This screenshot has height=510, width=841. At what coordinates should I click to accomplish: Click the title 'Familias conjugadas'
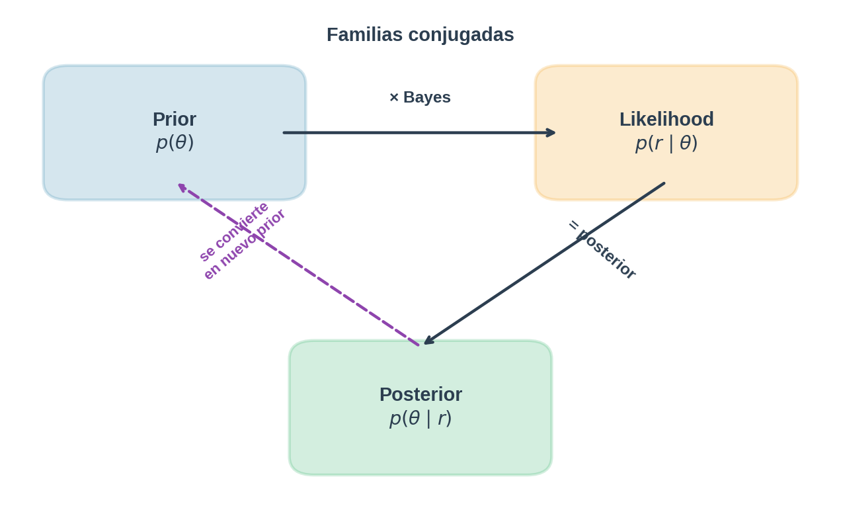[420, 34]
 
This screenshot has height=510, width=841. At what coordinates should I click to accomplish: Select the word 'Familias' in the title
[364, 34]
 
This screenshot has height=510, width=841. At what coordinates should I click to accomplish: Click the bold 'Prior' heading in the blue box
[175, 119]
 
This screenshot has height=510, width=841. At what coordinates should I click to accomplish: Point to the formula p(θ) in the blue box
[175, 142]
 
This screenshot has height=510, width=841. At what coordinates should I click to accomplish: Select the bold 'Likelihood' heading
[666, 119]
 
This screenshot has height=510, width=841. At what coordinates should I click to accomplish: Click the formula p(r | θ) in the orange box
[666, 142]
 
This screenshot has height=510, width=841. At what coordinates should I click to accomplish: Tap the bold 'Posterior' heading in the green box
[421, 394]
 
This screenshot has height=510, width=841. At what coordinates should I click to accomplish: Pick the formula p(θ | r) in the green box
[421, 417]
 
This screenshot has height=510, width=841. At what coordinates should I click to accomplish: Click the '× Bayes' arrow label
[420, 97]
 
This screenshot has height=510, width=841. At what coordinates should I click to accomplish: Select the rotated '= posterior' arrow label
[602, 249]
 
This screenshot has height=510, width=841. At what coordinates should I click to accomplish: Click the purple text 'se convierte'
[234, 231]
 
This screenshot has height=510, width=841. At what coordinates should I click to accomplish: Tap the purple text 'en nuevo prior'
[244, 244]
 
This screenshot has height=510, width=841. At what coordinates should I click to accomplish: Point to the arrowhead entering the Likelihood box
[551, 133]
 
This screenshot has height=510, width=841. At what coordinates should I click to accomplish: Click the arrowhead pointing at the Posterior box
[428, 341]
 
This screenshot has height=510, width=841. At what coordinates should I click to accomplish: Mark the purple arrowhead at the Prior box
[182, 187]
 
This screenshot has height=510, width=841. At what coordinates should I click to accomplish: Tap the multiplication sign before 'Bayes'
[394, 98]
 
